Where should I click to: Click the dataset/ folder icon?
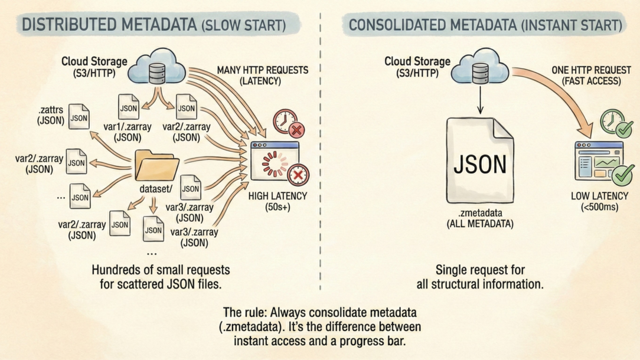click(156, 166)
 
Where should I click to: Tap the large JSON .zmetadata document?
click(479, 165)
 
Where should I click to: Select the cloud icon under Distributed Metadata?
click(156, 69)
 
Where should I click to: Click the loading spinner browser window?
click(272, 161)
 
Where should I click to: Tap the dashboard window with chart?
click(597, 161)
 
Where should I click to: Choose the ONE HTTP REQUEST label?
click(586, 75)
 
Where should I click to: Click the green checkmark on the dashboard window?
click(621, 175)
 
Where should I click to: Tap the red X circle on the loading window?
click(298, 175)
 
